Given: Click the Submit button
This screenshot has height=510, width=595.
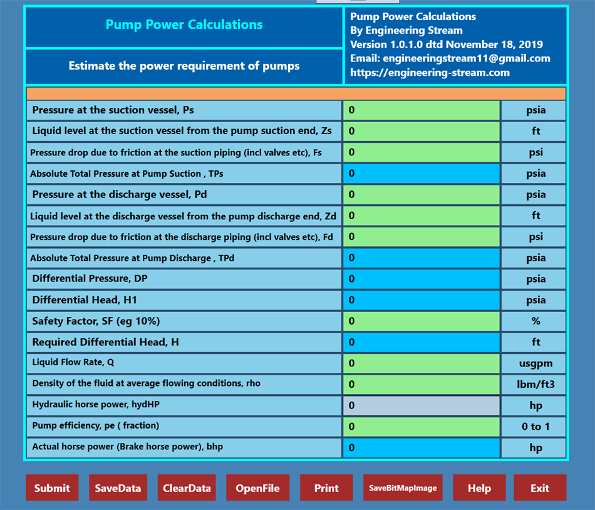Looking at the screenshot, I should (x=52, y=488).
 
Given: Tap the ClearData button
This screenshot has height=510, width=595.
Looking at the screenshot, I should (x=187, y=488).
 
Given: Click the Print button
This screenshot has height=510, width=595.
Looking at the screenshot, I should (x=326, y=488).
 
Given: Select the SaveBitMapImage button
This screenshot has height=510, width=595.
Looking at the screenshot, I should (x=403, y=488).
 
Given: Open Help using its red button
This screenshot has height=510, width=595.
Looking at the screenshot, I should (x=479, y=488).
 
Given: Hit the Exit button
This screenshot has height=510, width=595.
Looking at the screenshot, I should (x=540, y=488).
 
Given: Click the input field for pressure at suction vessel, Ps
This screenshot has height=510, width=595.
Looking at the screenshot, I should (x=421, y=110).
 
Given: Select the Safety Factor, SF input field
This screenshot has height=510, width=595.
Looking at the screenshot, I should (x=421, y=321).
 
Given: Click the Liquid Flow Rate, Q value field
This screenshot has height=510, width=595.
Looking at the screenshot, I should (x=421, y=363).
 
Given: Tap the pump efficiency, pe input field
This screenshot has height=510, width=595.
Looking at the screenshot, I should (x=421, y=427).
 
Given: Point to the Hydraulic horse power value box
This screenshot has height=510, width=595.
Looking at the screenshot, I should (x=421, y=405).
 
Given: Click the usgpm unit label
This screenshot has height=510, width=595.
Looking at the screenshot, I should (x=535, y=363).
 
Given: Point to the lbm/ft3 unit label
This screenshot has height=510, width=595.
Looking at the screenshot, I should (x=535, y=384).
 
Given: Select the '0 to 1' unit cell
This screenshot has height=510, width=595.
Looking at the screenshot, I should (x=535, y=427).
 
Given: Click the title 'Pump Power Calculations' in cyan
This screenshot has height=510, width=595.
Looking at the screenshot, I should (x=184, y=25).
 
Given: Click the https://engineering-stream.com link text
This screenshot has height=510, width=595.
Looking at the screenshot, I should (x=430, y=73).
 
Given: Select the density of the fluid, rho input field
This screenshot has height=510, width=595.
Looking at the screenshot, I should (x=421, y=384).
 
